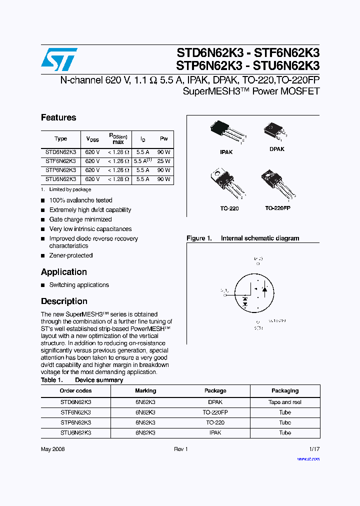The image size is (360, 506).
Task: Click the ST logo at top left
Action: click(x=59, y=59)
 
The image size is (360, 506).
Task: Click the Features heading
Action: click(x=58, y=117)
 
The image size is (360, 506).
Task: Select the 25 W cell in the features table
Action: click(x=163, y=161)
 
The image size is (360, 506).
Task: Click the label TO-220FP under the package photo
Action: click(x=277, y=208)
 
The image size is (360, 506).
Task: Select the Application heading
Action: click(x=64, y=272)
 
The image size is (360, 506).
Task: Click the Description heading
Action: click(x=64, y=301)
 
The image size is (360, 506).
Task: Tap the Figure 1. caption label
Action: click(x=199, y=238)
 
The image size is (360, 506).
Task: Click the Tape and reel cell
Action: click(x=285, y=402)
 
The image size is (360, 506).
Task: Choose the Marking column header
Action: click(x=145, y=390)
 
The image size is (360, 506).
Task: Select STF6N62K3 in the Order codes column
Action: click(x=75, y=412)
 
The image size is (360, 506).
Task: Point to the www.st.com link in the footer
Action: click(x=308, y=458)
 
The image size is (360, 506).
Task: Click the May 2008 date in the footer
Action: click(x=53, y=449)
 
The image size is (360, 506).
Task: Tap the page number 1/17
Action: click(x=314, y=449)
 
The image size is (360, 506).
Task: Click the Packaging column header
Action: click(x=285, y=390)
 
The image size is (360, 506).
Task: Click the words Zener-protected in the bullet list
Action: click(x=71, y=255)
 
